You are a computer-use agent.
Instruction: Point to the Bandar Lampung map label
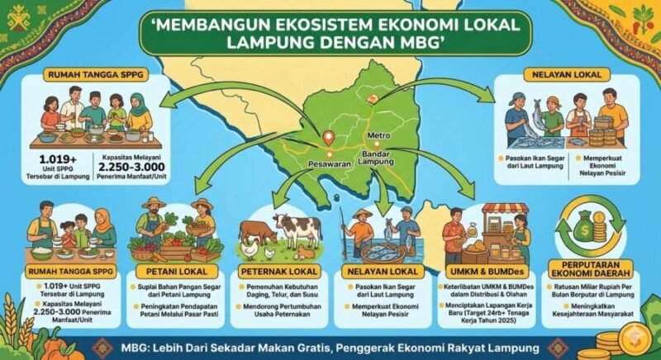378,158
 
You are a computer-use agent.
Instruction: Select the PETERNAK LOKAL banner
280,271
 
